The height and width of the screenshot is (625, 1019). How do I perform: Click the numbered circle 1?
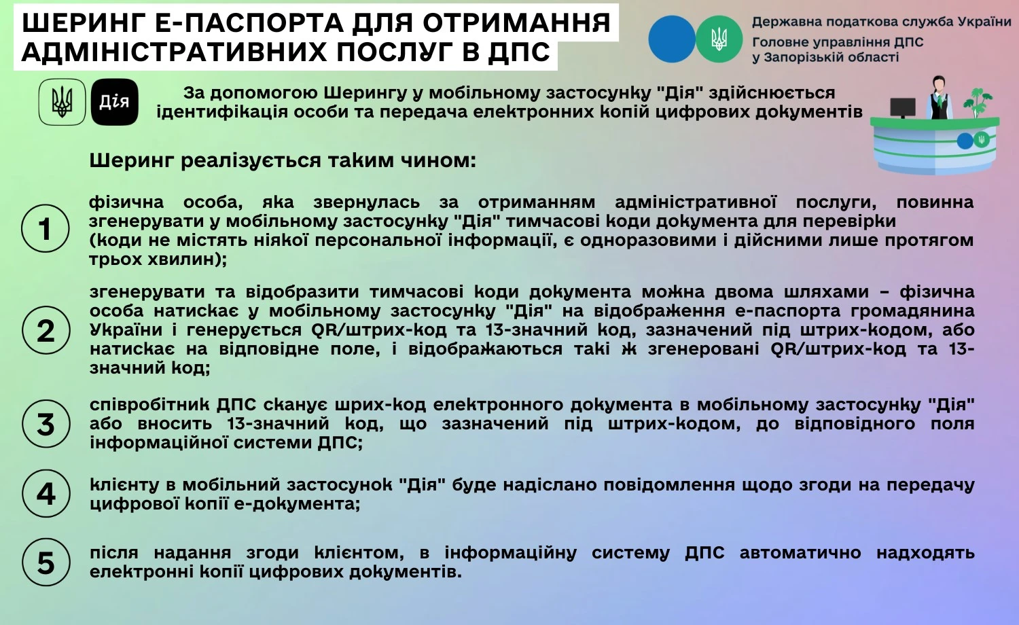tap(46, 229)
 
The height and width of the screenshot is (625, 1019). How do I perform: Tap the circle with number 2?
tap(46, 331)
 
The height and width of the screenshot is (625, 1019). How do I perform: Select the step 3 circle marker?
tap(46, 425)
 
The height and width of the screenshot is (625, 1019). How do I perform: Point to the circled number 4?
tap(46, 494)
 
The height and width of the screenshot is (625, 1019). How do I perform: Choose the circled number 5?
tap(46, 563)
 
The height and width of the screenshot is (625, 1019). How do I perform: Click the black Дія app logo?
tap(114, 103)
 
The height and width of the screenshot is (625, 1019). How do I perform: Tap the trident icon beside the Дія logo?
tap(62, 103)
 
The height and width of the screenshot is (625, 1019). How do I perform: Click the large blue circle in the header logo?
tap(671, 39)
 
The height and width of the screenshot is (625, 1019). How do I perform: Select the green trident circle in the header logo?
tap(719, 39)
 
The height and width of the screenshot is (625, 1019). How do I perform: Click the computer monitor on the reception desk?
tap(902, 107)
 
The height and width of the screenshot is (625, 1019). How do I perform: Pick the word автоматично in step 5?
tap(800, 553)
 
